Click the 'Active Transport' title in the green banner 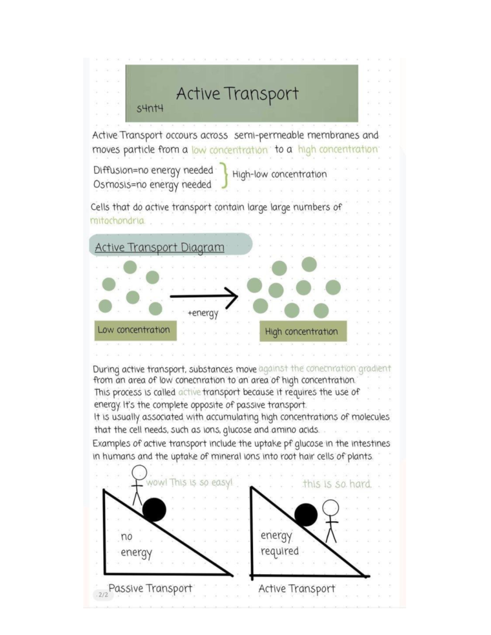pyautogui.click(x=237, y=94)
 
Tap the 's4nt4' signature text pyautogui.click(x=150, y=108)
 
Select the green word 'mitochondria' pyautogui.click(x=117, y=221)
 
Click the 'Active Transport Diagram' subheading pyautogui.click(x=160, y=247)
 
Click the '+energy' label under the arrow pyautogui.click(x=203, y=314)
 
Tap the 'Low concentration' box pyautogui.click(x=135, y=330)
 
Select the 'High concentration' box pyautogui.click(x=303, y=331)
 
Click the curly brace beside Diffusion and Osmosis pyautogui.click(x=225, y=175)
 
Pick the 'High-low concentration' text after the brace pyautogui.click(x=279, y=174)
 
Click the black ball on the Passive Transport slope pyautogui.click(x=154, y=509)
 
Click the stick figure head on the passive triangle pyautogui.click(x=139, y=473)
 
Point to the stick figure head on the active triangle pyautogui.click(x=331, y=508)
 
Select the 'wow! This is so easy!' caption pyautogui.click(x=189, y=482)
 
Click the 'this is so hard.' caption pyautogui.click(x=337, y=484)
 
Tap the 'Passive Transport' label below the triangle pyautogui.click(x=150, y=588)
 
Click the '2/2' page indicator pyautogui.click(x=103, y=595)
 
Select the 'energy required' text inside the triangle pyautogui.click(x=279, y=543)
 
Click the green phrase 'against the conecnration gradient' pyautogui.click(x=324, y=368)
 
